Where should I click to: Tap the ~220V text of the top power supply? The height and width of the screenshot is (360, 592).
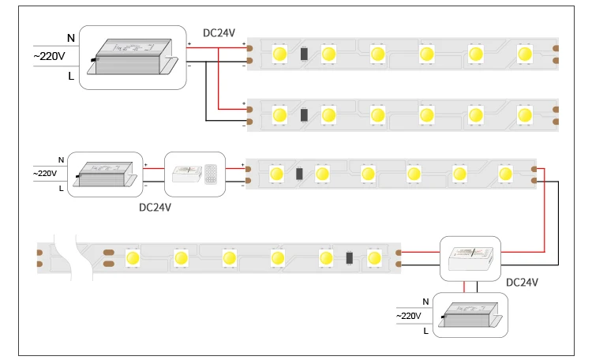tap(48, 55)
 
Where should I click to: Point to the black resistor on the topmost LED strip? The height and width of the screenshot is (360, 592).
tap(304, 54)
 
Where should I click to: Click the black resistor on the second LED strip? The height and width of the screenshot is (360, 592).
tap(304, 114)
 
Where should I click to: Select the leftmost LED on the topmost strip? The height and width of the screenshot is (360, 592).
tap(279, 54)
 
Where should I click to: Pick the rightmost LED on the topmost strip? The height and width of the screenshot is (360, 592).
tap(525, 54)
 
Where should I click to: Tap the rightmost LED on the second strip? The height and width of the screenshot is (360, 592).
tap(525, 114)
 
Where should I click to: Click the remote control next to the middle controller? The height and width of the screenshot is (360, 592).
tap(212, 174)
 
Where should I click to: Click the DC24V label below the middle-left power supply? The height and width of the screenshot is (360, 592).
tap(155, 208)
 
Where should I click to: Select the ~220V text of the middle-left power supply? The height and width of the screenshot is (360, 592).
tap(44, 174)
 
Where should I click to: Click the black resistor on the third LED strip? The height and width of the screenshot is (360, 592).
tap(299, 174)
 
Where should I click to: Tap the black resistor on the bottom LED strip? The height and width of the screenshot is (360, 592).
tap(348, 257)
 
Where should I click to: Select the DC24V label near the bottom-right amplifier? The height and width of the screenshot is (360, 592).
tap(522, 282)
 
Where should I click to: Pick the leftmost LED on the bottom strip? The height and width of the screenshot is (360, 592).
tap(132, 257)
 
